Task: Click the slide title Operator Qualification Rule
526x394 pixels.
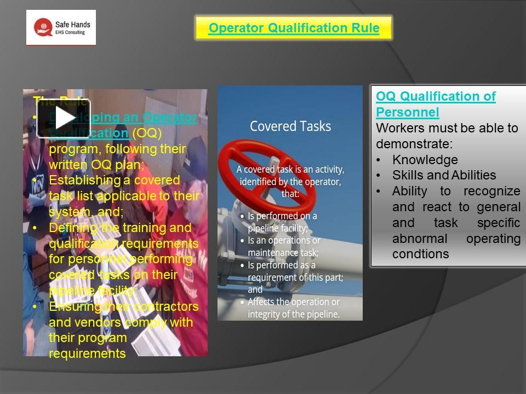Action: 294,28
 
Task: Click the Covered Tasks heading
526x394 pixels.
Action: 290,126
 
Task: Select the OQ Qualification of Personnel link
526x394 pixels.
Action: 436,105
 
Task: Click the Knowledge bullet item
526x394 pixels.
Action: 425,160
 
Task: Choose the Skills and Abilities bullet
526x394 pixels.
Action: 444,176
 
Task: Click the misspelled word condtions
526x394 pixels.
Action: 420,254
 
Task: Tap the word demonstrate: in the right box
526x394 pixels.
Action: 414,144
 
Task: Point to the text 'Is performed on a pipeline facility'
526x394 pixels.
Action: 282,222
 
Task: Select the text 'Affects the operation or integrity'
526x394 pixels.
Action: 293,308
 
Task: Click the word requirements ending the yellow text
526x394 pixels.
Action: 87,354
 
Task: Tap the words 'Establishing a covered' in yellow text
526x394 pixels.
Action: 114,180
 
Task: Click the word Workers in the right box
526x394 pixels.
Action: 396,128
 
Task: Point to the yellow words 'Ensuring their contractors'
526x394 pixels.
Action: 123,306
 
